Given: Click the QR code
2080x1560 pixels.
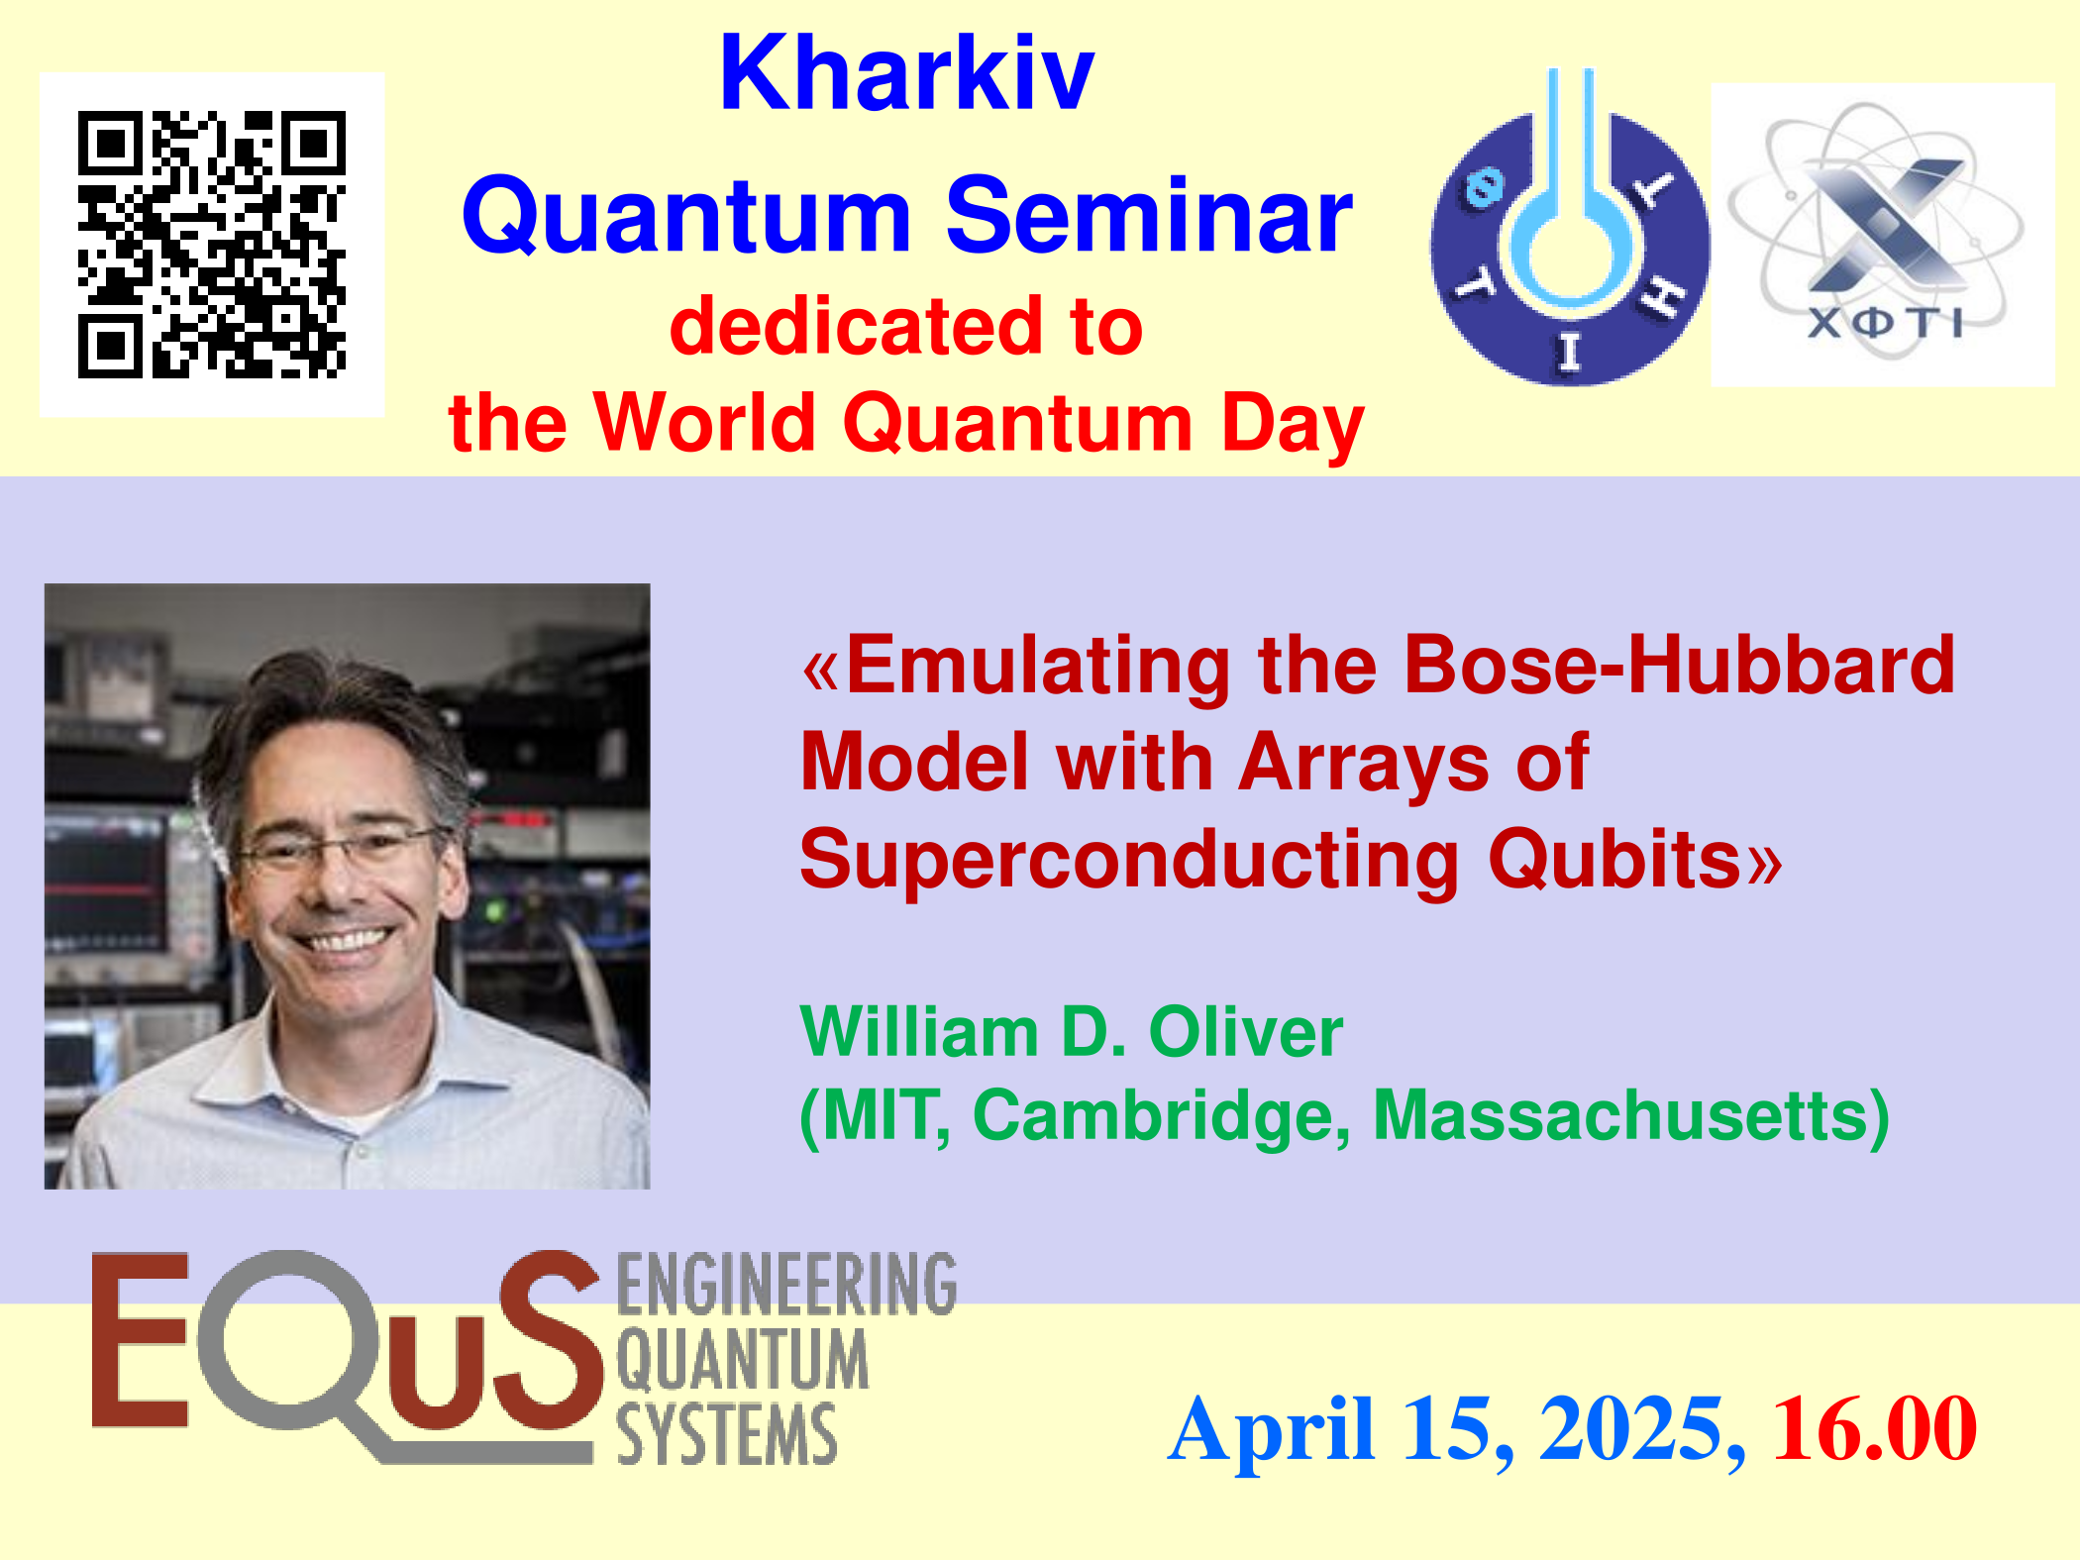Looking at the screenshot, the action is coord(212,244).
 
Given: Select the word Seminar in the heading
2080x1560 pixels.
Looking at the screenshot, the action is coord(1149,215).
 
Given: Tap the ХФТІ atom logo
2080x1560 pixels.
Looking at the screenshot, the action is coord(1883,235).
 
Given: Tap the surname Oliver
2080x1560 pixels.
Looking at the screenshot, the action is coord(1245,1031).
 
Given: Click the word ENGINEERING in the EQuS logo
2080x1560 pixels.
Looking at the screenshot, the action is coord(787,1284).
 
